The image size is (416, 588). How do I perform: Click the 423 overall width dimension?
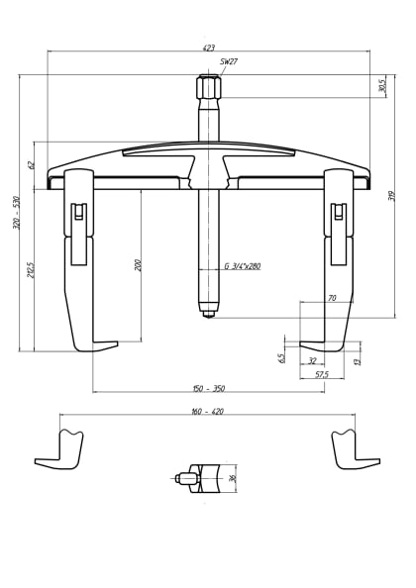coord(208,48)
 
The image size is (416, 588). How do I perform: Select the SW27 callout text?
coord(229,61)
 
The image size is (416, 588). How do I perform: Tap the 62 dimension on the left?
coord(31,164)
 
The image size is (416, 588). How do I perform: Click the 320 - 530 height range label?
coord(16,213)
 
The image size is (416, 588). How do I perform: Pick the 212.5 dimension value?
coord(31,269)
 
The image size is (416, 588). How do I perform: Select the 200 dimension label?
coord(138,264)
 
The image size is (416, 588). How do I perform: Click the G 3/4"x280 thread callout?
coord(242,266)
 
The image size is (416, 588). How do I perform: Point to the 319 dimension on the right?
coord(392,196)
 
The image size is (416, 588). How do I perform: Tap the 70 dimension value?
coord(332,298)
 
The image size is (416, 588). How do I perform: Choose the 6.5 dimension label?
coord(282,357)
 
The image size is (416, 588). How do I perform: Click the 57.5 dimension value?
coord(322,374)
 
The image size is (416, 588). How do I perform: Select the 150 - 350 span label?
coord(208,389)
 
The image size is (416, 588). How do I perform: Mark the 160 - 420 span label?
coord(207,411)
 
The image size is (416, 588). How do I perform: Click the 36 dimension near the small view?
coord(233,478)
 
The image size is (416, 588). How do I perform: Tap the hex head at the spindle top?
coord(208,87)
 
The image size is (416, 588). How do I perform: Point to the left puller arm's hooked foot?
coord(95,345)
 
